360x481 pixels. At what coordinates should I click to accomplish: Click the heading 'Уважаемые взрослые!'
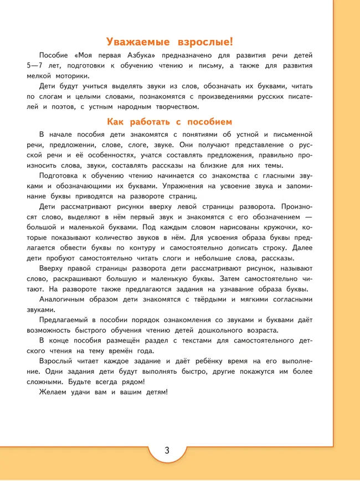click(169, 41)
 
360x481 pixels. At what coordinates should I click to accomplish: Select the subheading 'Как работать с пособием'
click(169, 122)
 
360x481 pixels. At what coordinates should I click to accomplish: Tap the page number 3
click(167, 449)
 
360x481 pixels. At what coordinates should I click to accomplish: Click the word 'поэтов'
click(60, 107)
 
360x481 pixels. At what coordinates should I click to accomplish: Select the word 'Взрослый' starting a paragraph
click(58, 361)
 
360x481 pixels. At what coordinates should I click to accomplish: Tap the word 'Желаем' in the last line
click(54, 392)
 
